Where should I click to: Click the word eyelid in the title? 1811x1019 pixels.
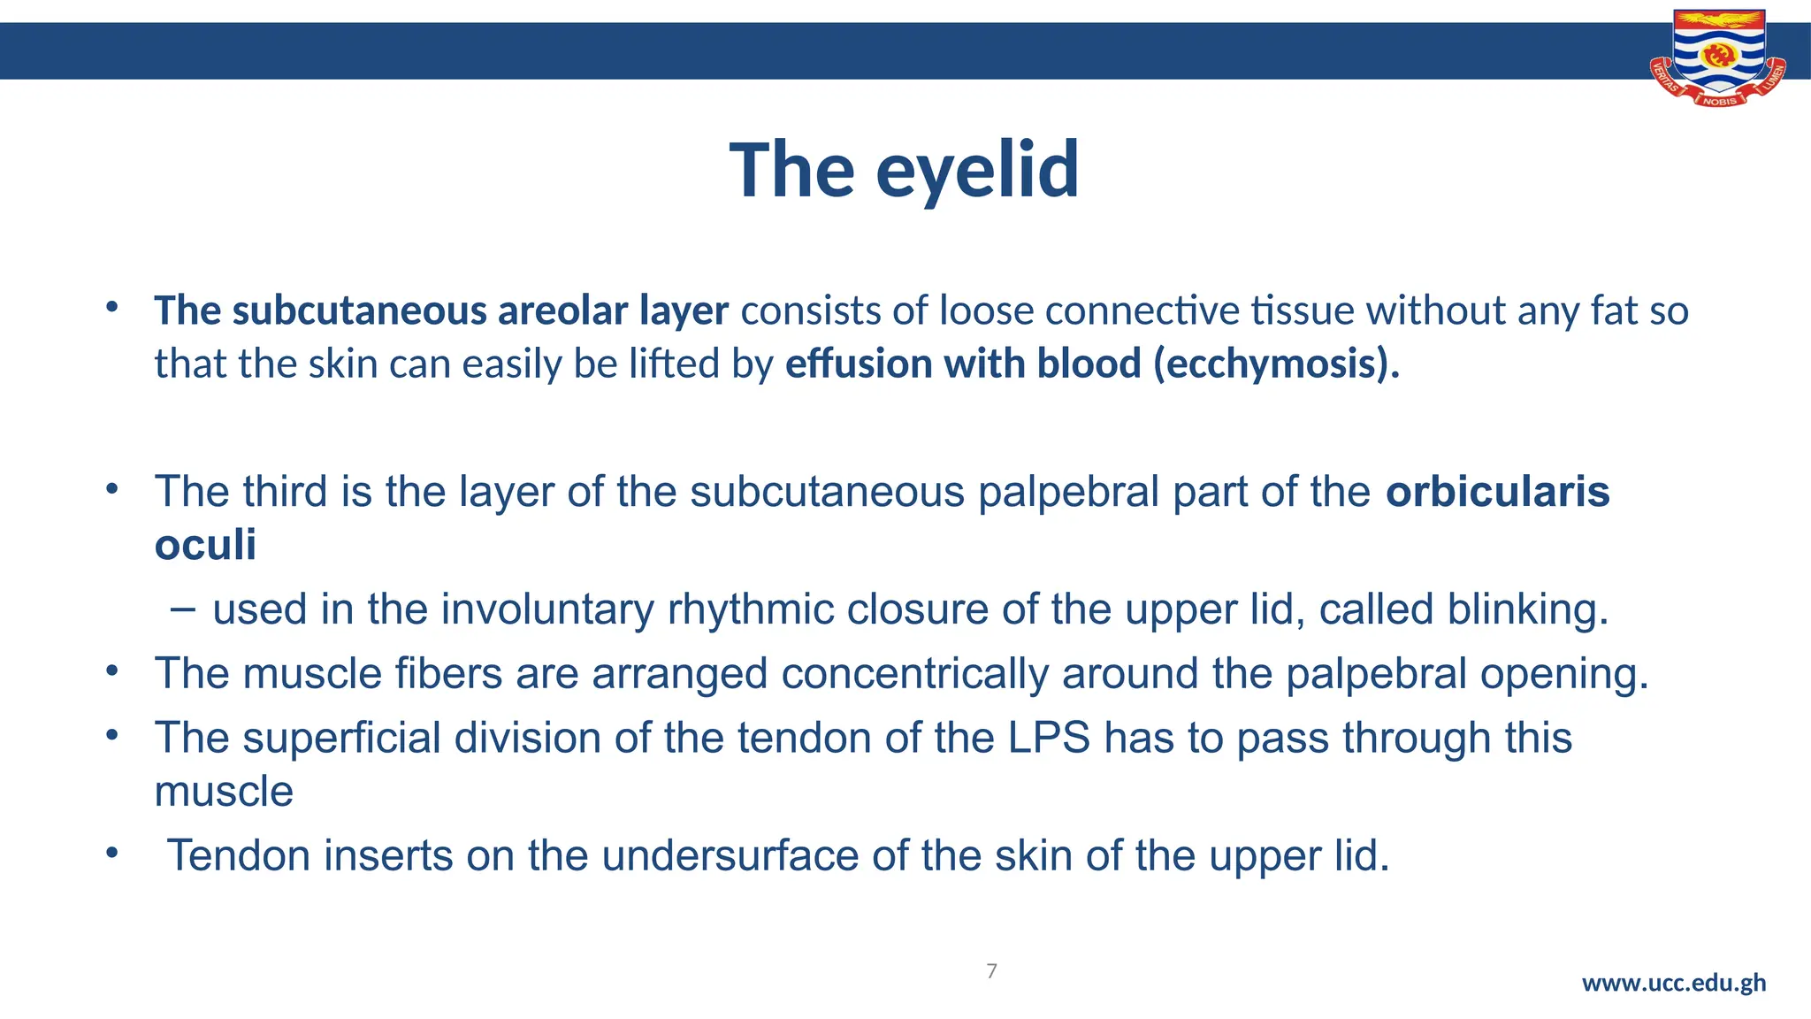(x=976, y=171)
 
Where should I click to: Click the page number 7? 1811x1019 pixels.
(x=991, y=971)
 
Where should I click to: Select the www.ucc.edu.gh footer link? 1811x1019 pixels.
(x=1673, y=983)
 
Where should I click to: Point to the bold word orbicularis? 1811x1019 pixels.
(x=1497, y=492)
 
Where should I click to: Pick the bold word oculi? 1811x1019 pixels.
(x=205, y=544)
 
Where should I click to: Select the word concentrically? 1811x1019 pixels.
(x=914, y=674)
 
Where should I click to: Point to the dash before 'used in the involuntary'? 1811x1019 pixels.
(x=182, y=609)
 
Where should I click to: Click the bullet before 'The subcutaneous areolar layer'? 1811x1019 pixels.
(x=111, y=308)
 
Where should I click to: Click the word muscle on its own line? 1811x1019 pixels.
(x=224, y=791)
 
